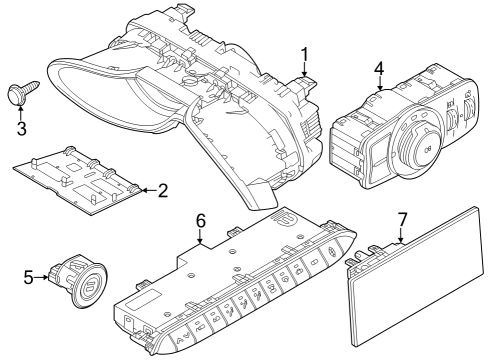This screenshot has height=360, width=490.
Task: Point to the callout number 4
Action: [380, 69]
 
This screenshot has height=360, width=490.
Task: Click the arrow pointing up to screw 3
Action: [20, 111]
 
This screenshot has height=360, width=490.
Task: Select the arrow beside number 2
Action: [147, 190]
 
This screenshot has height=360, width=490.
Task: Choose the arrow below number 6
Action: [200, 238]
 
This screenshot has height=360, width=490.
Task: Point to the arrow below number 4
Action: [380, 87]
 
